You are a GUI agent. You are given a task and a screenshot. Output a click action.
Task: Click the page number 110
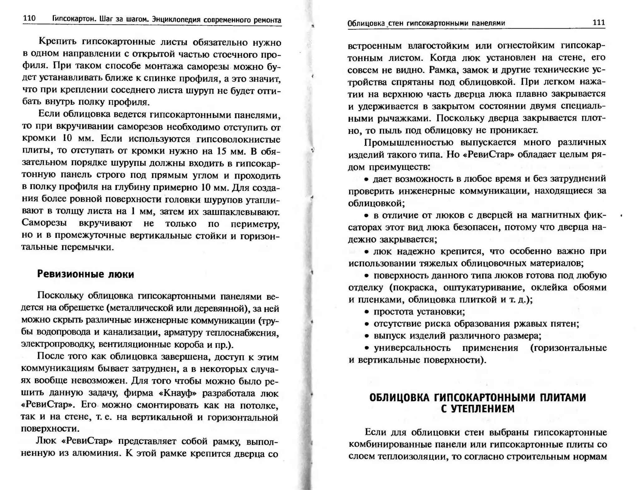29,18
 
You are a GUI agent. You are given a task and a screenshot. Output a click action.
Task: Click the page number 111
599,22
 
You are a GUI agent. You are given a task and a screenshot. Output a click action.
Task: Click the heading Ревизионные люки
85,274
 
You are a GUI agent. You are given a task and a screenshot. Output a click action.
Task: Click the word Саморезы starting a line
44,223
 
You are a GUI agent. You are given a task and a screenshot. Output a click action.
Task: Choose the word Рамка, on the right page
441,70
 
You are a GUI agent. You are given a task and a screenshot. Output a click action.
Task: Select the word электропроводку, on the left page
58,344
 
